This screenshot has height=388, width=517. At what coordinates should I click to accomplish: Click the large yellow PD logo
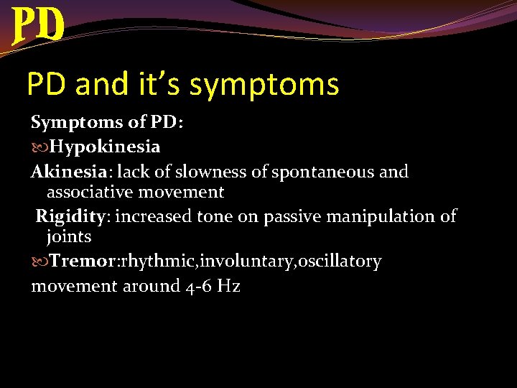pos(39,25)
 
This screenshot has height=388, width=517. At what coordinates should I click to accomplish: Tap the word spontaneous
pos(317,172)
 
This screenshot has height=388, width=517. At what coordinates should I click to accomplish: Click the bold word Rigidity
pos(73,216)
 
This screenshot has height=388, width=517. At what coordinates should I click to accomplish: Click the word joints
pos(69,236)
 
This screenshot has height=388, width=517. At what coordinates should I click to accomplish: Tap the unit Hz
pos(228,286)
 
